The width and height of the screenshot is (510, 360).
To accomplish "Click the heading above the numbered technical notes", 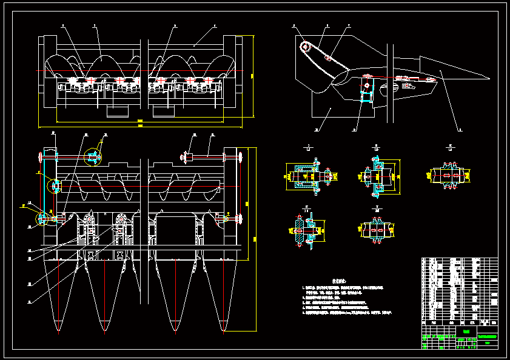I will pos(340,281).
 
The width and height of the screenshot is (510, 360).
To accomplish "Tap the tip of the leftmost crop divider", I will pos(58,331).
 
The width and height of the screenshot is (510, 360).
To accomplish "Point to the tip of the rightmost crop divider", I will pos(224,332).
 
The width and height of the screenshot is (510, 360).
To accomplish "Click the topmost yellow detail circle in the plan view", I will pos(93,157).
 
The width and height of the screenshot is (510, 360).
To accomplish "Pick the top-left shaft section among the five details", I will pos(307,176).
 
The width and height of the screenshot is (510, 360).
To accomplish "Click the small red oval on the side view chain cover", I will pos(327,58).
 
